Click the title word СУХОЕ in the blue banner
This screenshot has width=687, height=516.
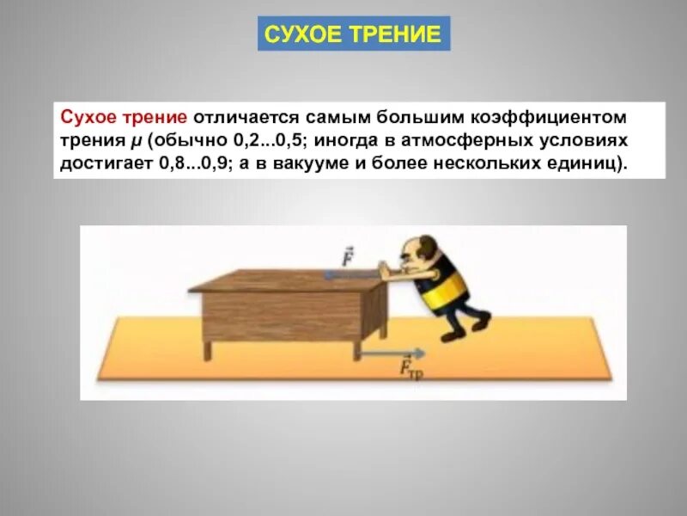(x=303, y=34)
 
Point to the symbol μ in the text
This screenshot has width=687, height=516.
(x=136, y=139)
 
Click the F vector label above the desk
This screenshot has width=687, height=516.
(x=348, y=257)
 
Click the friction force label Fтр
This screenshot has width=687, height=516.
(x=410, y=371)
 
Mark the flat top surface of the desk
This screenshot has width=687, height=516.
(x=283, y=279)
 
